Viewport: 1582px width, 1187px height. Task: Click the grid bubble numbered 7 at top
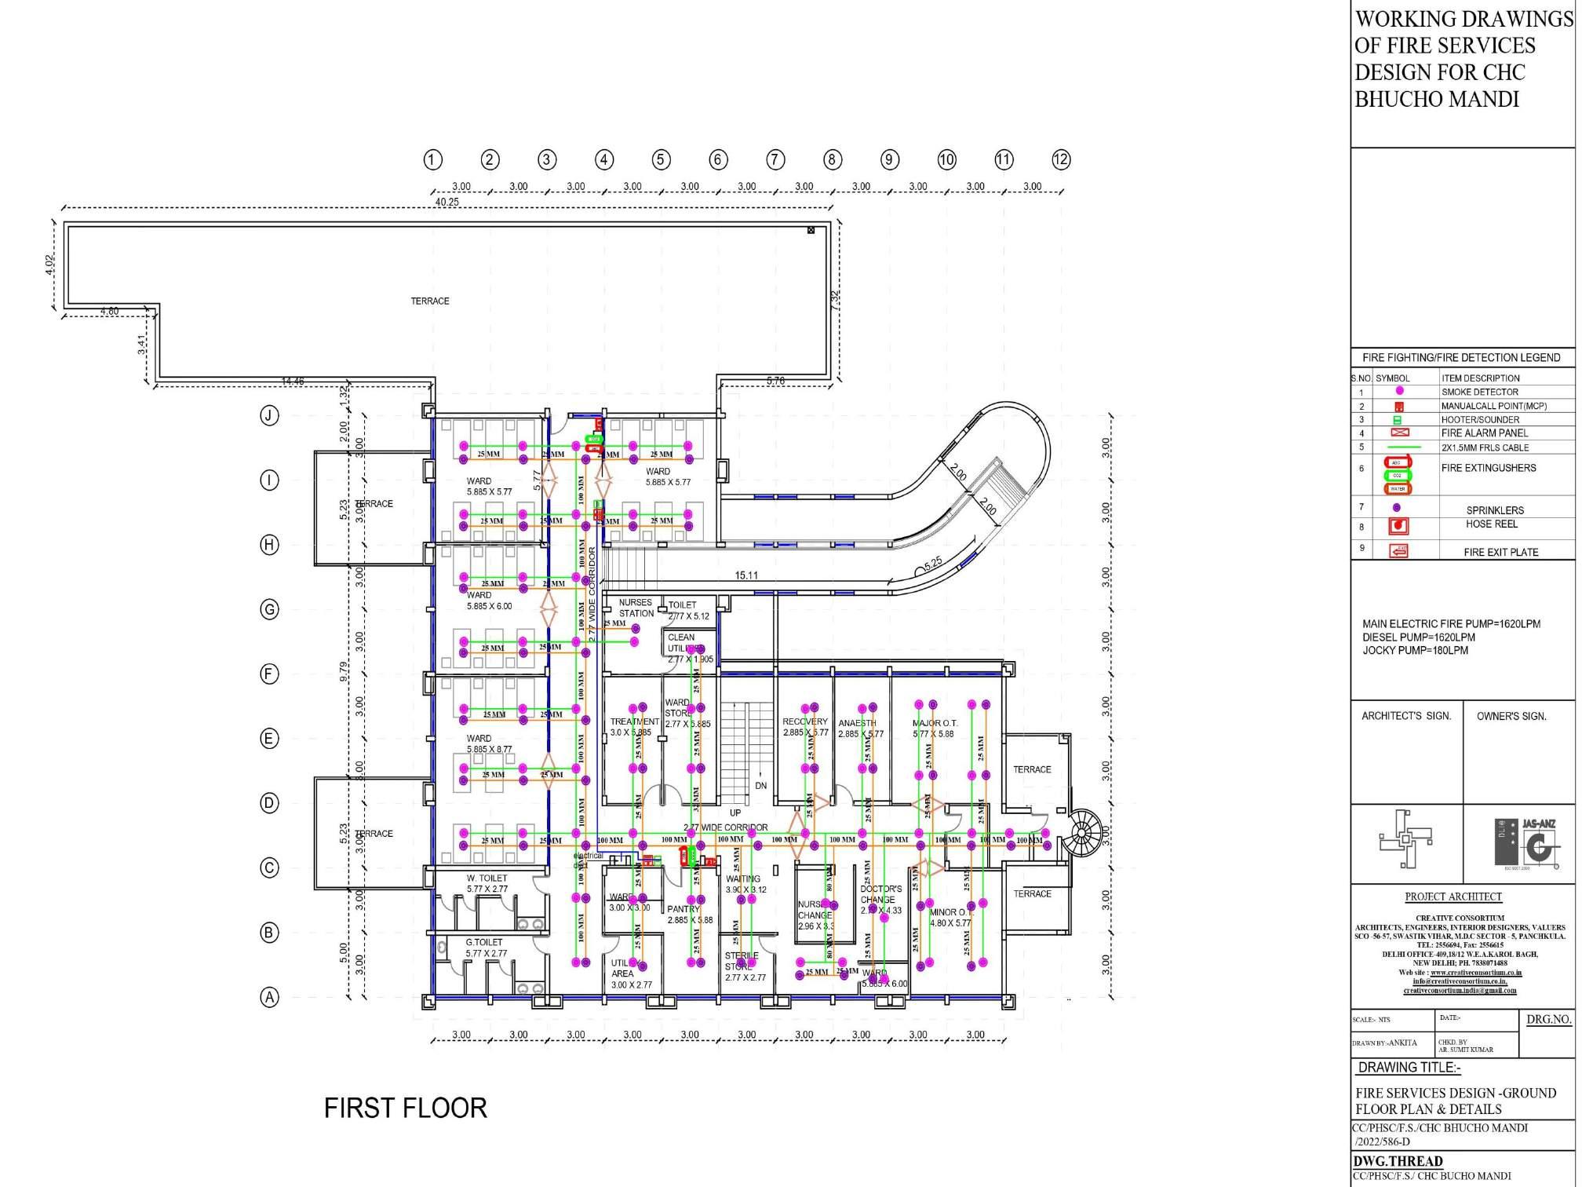coord(775,159)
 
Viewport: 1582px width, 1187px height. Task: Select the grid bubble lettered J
coord(269,415)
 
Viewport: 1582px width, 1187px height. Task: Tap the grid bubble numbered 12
coord(1061,159)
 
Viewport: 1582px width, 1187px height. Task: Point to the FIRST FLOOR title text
coord(406,1108)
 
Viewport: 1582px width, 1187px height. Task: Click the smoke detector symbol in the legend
coord(1399,391)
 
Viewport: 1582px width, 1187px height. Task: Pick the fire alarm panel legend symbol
coord(1399,433)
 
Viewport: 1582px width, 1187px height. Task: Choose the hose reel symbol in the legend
coord(1398,525)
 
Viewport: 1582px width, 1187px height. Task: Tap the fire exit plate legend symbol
coord(1398,551)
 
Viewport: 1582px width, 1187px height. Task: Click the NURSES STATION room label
coord(636,608)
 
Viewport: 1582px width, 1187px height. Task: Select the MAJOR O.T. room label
coord(935,723)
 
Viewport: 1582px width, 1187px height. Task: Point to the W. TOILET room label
coord(487,878)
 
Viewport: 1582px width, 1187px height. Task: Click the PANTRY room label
coord(683,909)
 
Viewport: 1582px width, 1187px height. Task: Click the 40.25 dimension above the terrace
coord(447,202)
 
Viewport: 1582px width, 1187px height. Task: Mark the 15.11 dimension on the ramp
coord(746,575)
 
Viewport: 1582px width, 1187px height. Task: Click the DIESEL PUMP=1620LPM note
coord(1418,637)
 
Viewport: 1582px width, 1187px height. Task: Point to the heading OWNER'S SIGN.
coord(1511,716)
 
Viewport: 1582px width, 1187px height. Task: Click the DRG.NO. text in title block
coord(1548,1020)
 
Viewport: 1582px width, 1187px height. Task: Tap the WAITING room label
coord(743,879)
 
